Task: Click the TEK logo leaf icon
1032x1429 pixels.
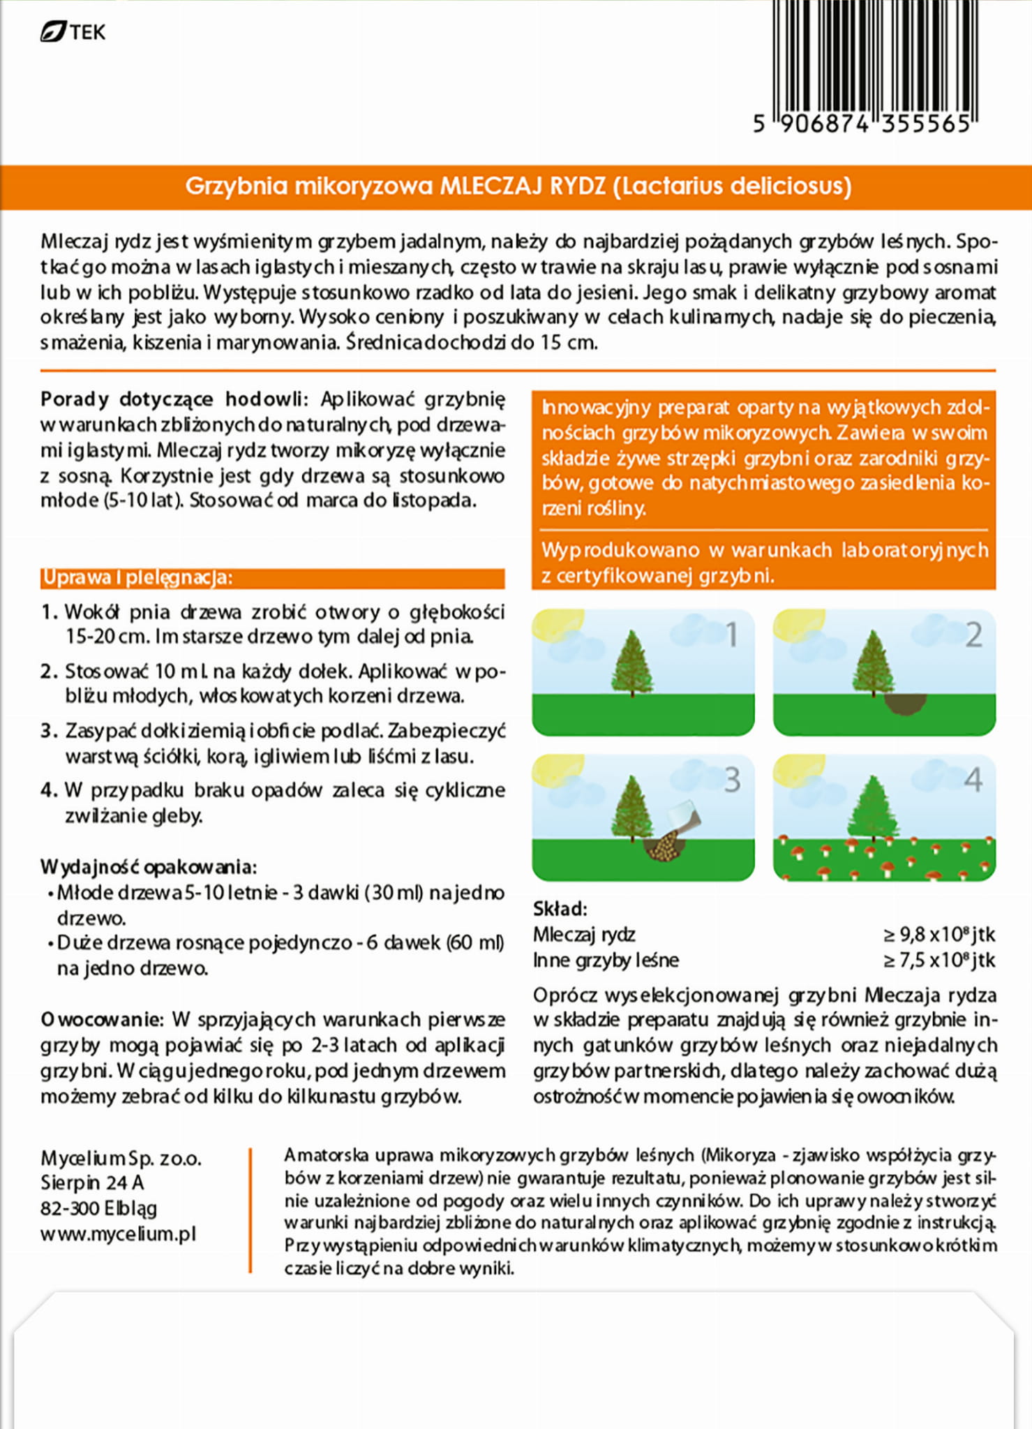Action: (x=52, y=32)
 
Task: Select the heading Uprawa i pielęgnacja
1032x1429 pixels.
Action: (x=137, y=578)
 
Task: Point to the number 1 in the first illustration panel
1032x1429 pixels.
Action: (x=731, y=635)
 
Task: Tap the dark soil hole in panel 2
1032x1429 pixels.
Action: (x=906, y=704)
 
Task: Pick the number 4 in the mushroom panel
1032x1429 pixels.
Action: (x=973, y=780)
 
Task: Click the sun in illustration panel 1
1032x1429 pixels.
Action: (x=555, y=623)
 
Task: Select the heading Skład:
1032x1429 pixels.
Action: (x=560, y=908)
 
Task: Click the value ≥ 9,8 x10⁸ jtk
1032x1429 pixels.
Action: (x=938, y=934)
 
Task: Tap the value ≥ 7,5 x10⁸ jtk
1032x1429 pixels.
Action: (x=938, y=960)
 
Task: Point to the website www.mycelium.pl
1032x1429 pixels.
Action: (x=119, y=1234)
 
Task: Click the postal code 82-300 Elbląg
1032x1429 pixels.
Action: (x=98, y=1208)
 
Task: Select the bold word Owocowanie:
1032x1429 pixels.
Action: (x=101, y=1019)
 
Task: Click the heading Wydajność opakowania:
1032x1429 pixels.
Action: (x=148, y=866)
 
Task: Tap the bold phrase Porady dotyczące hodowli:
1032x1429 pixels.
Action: (x=173, y=399)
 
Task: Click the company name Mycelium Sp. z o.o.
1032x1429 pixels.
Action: (x=121, y=1158)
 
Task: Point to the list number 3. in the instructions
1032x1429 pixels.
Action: (x=49, y=731)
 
